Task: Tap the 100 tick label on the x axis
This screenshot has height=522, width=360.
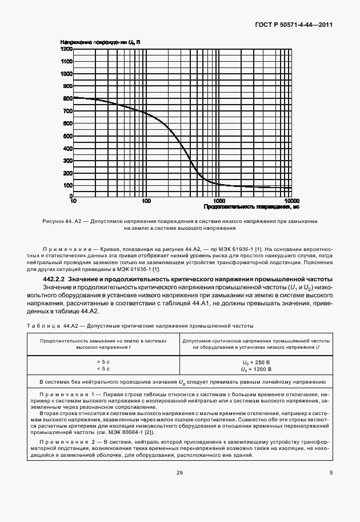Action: click(x=146, y=201)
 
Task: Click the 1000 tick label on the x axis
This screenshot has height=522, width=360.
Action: click(x=219, y=201)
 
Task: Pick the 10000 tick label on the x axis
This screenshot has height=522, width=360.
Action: click(x=291, y=201)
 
